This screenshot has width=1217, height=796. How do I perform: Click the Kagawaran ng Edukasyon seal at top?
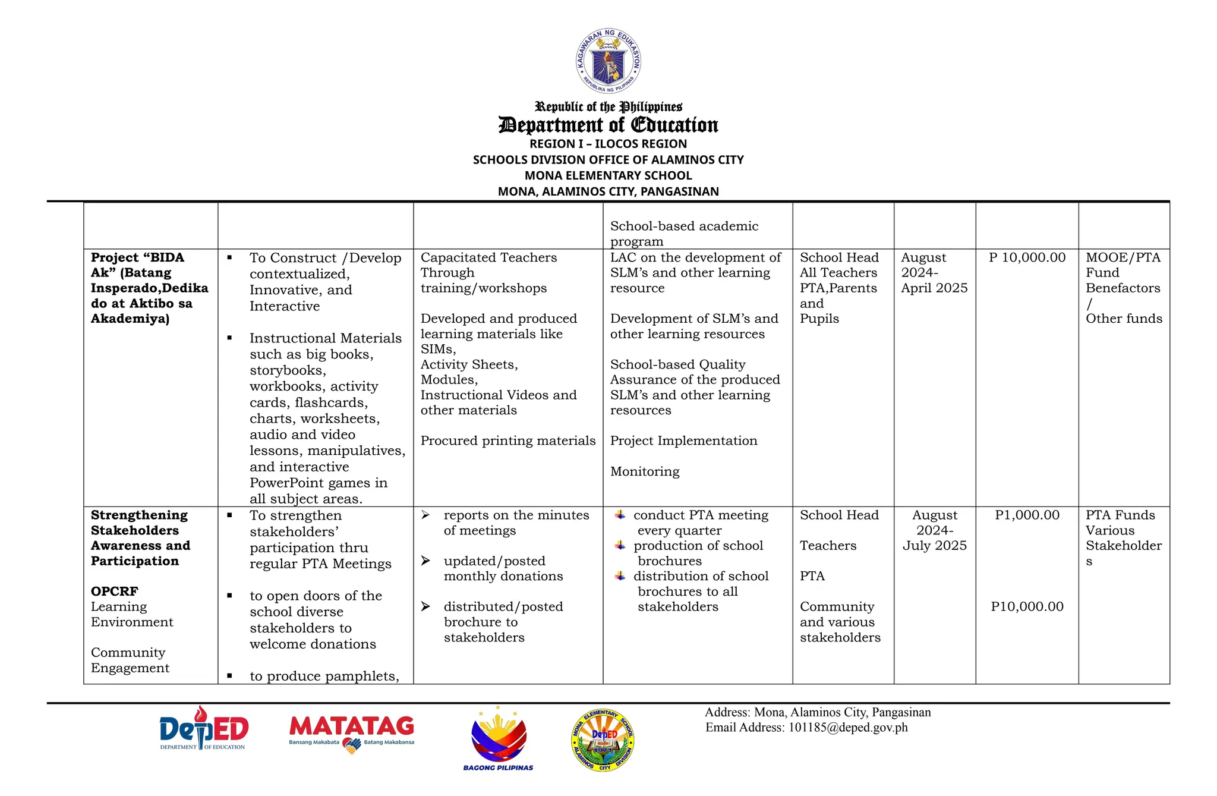[608, 61]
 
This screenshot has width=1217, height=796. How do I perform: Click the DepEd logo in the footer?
[204, 729]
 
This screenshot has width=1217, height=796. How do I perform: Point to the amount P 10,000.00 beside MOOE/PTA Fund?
[1027, 257]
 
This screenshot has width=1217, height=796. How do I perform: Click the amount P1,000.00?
[1027, 515]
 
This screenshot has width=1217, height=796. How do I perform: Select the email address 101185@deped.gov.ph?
[848, 727]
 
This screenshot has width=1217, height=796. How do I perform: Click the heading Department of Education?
[608, 125]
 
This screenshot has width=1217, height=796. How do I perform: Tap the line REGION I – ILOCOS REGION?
[608, 144]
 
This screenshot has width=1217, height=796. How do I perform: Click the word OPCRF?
[115, 591]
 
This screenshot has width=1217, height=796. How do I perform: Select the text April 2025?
[934, 288]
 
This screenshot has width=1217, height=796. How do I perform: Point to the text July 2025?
[935, 545]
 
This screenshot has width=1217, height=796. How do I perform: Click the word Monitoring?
[645, 471]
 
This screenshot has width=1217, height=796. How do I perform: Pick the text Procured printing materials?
[508, 441]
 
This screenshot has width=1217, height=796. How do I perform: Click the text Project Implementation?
[683, 441]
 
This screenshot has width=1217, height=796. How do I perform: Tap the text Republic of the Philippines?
[608, 107]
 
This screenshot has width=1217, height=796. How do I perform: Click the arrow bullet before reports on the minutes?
[425, 515]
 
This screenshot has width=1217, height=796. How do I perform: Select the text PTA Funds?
[1120, 515]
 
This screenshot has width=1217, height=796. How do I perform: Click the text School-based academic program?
[684, 234]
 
